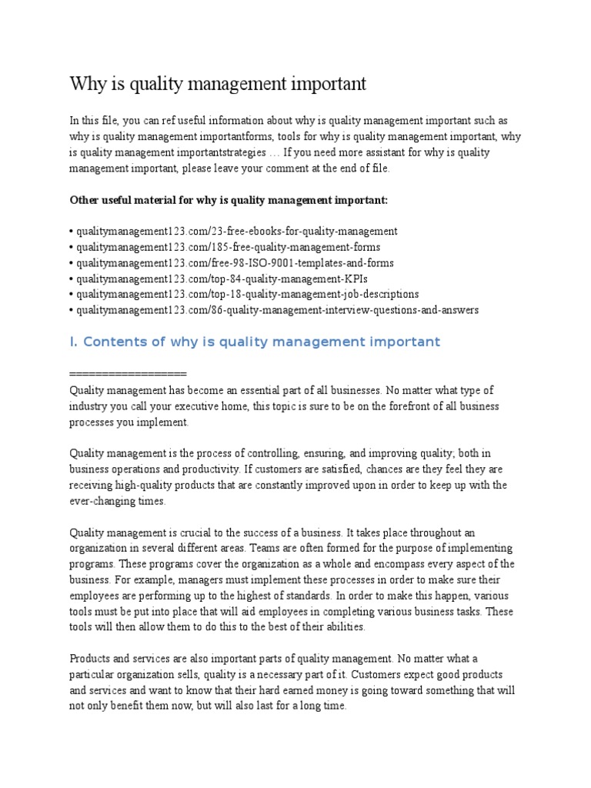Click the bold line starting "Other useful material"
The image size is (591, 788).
pyautogui.click(x=229, y=200)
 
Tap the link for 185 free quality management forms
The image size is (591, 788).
pyautogui.click(x=227, y=247)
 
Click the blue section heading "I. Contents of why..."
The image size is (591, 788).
pyautogui.click(x=255, y=342)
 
